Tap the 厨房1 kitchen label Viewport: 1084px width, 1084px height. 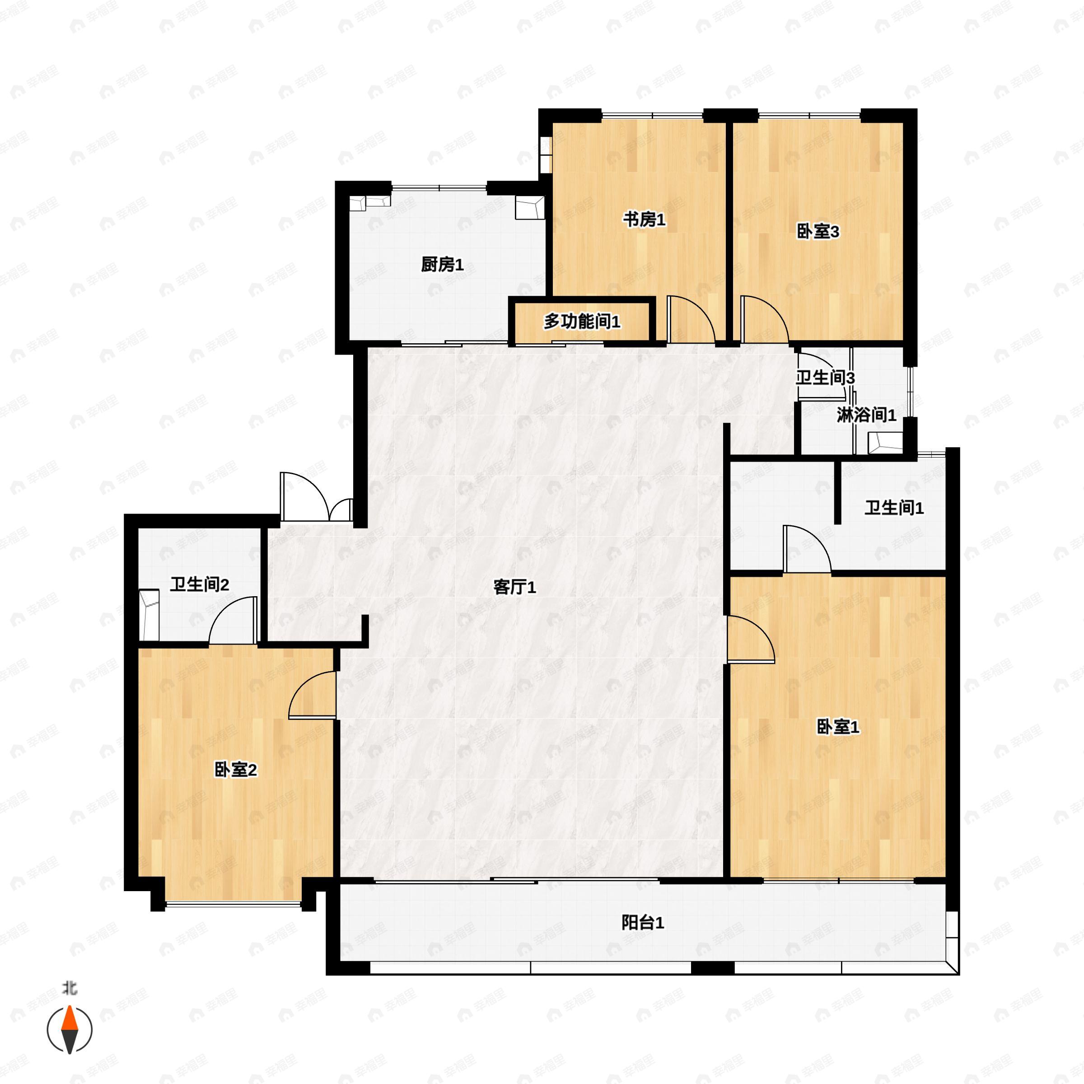[x=442, y=264]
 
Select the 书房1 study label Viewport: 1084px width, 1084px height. [x=644, y=220]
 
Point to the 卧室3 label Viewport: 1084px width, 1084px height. [x=818, y=231]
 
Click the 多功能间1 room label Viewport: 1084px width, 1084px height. [x=582, y=322]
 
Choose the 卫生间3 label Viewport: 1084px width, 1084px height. [x=825, y=378]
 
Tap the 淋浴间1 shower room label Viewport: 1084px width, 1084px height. [x=866, y=415]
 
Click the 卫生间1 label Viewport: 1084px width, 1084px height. [x=894, y=508]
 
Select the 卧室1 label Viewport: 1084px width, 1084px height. [x=837, y=727]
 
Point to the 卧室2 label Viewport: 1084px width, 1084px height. [x=236, y=770]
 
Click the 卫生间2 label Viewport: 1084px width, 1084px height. [x=199, y=584]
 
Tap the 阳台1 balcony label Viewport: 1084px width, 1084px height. [x=642, y=922]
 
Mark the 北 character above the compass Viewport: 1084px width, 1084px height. [x=69, y=988]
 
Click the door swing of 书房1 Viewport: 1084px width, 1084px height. [x=689, y=319]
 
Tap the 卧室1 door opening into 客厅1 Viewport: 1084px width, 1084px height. [x=748, y=640]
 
